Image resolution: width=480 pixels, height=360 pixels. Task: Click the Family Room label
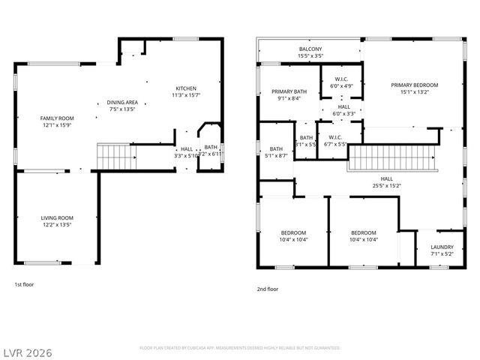57,118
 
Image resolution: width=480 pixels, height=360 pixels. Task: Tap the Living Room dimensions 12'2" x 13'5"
57,224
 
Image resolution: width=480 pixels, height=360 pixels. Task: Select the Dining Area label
121,102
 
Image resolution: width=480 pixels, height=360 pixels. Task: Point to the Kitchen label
187,88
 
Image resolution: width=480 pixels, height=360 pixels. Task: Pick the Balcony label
310,49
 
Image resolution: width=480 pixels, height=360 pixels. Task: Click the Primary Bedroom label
414,85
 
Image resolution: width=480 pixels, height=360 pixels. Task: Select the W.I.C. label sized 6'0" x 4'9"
342,79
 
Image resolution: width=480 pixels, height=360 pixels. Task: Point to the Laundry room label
442,247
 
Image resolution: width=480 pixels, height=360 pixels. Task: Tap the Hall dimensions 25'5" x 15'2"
386,186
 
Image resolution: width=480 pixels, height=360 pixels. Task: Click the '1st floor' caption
24,284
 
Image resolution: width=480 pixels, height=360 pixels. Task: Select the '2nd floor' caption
268,289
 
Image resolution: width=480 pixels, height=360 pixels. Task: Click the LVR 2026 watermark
28,350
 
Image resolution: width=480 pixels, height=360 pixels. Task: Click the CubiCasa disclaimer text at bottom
240,348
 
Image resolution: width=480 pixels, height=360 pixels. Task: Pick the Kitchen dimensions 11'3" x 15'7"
187,95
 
